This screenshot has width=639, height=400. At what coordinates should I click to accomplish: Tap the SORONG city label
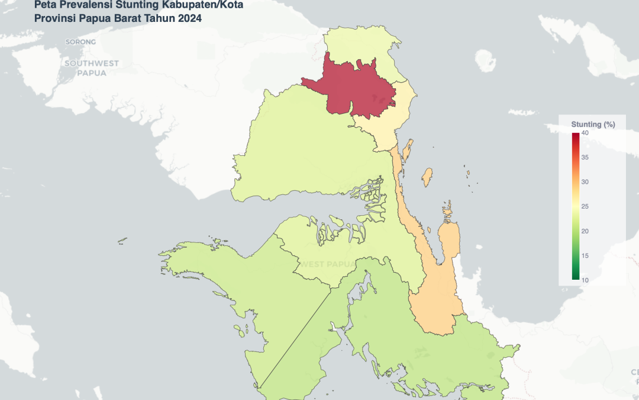pos(80,42)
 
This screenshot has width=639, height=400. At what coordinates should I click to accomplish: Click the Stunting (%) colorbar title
pos(593,124)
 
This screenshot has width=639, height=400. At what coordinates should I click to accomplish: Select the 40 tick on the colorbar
pos(585,133)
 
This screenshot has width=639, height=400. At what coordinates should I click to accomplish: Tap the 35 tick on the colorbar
pos(585,158)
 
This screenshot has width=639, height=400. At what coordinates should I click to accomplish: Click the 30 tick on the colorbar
pos(585,182)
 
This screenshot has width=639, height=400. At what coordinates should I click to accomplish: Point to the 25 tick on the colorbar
pos(585,206)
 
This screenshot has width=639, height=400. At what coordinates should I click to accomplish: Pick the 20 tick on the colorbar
pos(585,231)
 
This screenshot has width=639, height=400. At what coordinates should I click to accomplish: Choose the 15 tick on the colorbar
pos(585,255)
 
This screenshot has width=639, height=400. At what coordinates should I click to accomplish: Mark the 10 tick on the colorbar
pos(585,279)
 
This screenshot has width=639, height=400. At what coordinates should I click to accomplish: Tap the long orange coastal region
pos(435,296)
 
